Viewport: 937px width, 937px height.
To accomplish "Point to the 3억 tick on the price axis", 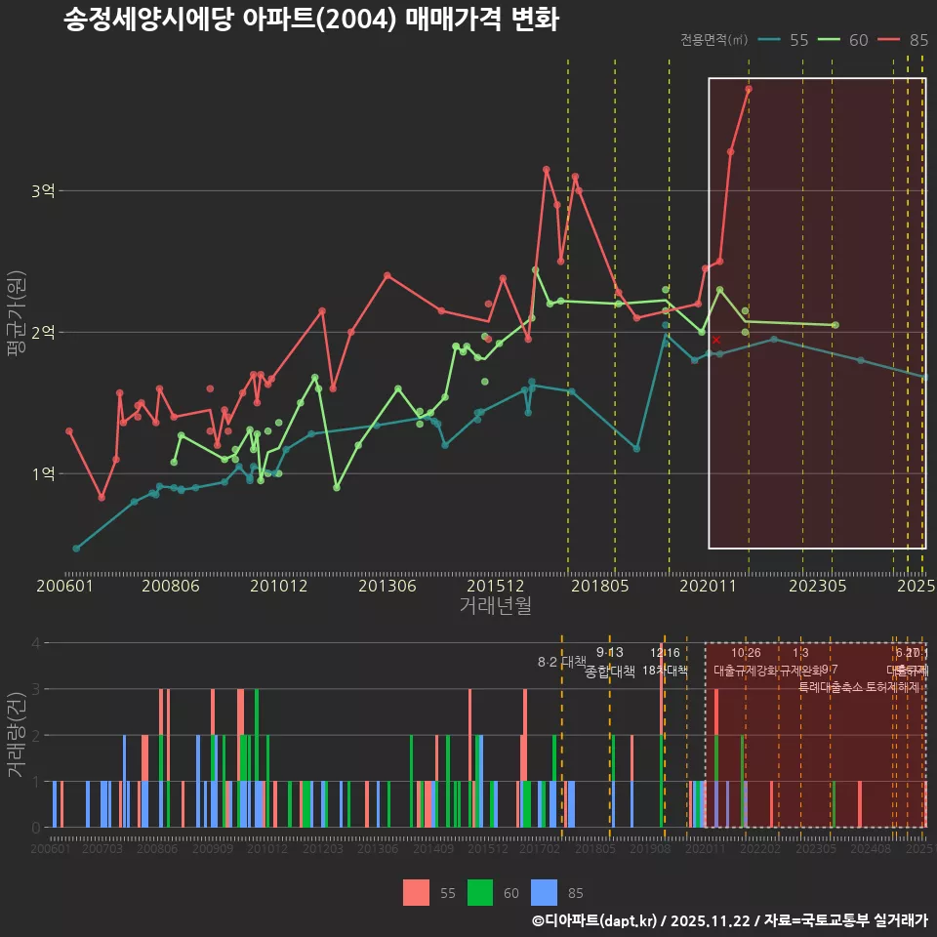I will (42, 191).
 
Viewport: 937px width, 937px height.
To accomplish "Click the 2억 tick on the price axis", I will (42, 333).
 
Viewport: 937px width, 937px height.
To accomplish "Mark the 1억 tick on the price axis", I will (42, 474).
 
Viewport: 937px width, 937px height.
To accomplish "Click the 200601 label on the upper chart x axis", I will (64, 587).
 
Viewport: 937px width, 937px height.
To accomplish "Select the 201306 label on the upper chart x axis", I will (387, 587).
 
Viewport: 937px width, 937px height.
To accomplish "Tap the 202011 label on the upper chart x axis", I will (707, 587).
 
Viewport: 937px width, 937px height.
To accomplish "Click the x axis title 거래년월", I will (495, 606).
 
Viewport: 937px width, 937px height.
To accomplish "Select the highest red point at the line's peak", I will (749, 89).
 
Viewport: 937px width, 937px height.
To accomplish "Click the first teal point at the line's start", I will (76, 549).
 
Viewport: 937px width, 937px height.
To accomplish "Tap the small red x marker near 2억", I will (715, 340).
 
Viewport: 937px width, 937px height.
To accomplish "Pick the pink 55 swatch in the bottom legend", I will (416, 892).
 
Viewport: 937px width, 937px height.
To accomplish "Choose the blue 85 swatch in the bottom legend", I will (544, 892).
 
